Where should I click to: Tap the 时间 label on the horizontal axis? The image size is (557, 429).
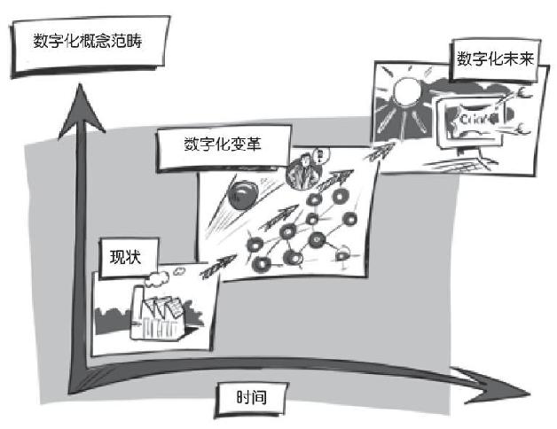click(x=248, y=397)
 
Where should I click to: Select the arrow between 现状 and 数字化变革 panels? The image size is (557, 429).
click(x=216, y=266)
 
